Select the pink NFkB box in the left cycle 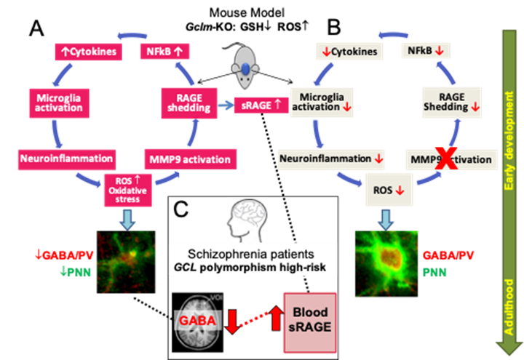(x=164, y=52)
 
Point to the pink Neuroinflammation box (x=65, y=157)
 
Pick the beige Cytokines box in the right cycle (x=349, y=52)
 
